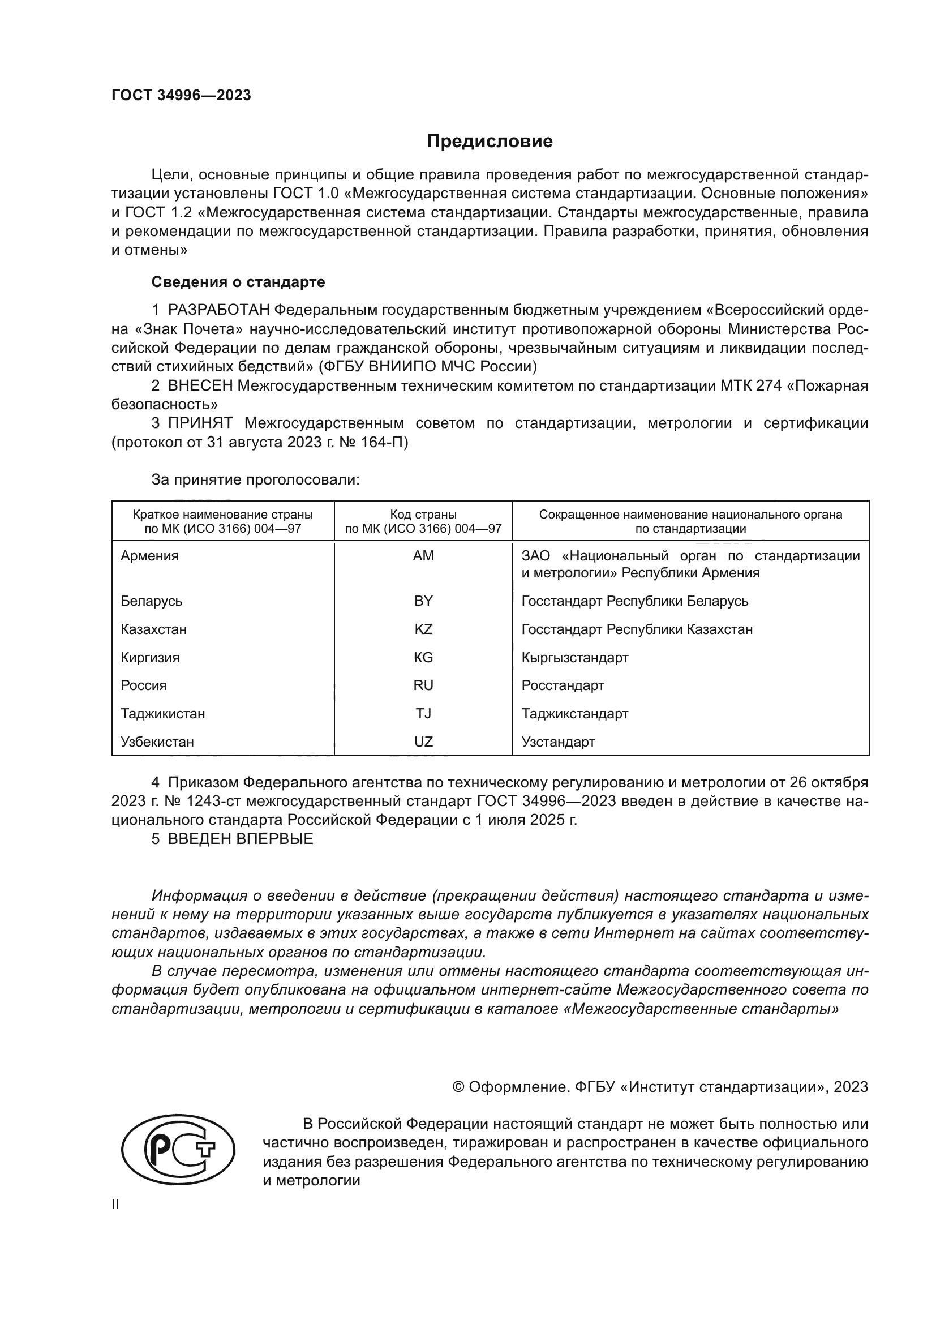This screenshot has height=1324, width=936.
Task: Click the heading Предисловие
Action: point(490,142)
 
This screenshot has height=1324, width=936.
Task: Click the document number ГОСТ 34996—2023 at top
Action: point(181,96)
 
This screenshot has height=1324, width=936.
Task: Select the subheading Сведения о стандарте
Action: point(238,282)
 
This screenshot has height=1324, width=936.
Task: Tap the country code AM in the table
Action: point(423,556)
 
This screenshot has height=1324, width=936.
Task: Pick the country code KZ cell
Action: point(423,629)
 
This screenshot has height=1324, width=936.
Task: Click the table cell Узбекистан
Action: point(157,742)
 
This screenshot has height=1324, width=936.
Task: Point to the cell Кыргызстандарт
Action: point(574,658)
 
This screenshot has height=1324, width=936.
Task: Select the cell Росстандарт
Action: point(563,685)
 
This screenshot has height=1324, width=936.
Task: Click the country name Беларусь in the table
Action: point(151,602)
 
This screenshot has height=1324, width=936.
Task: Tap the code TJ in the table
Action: point(423,714)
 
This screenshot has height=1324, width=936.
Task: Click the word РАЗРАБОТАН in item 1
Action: point(218,310)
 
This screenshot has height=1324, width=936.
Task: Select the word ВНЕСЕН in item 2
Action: point(200,386)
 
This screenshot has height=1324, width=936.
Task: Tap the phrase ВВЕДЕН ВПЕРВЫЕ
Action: point(241,839)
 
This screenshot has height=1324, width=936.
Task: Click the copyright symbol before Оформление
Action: point(458,1087)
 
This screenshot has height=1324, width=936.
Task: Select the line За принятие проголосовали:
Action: point(255,480)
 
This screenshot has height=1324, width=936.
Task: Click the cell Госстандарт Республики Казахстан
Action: point(637,629)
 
